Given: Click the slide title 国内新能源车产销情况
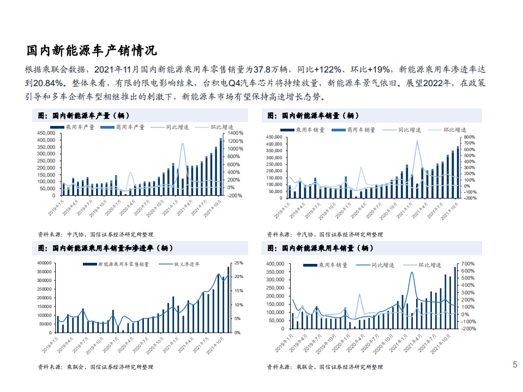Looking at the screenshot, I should (x=92, y=51).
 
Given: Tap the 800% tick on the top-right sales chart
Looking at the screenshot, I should (x=470, y=137).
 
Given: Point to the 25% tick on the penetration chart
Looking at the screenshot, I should (x=238, y=263).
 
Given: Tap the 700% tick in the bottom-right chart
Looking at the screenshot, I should (x=470, y=264).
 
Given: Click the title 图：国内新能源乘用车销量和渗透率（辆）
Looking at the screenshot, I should (x=106, y=248).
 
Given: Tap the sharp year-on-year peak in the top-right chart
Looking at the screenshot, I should (x=417, y=141).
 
